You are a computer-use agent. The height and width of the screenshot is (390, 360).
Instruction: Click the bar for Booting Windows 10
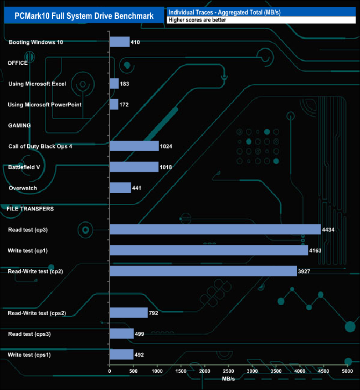coord(120,42)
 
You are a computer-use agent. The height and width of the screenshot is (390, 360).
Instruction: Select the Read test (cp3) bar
coord(215,229)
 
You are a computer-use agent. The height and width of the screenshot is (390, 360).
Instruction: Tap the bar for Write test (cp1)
coord(209,250)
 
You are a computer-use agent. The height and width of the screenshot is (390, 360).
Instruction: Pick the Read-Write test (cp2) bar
coord(203,271)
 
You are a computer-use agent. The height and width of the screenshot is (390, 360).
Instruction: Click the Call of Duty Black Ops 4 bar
coord(135,146)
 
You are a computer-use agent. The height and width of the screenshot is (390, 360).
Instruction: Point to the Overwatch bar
coord(121,188)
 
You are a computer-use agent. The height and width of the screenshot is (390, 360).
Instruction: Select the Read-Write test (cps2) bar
coord(129,313)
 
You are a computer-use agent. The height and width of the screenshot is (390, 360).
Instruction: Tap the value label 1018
coord(167,167)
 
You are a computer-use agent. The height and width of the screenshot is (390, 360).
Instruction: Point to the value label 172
coord(125,105)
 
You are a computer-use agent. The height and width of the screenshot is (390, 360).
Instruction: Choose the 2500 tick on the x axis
coord(229,371)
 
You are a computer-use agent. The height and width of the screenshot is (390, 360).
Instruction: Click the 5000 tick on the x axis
coord(347,371)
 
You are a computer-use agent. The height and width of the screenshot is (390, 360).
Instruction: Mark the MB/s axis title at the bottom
coord(229,379)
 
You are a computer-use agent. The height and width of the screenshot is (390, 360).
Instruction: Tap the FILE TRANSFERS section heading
coord(30,209)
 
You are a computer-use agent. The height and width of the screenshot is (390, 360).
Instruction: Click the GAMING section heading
coord(19,125)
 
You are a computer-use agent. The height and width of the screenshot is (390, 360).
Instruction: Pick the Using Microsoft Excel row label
coord(37,84)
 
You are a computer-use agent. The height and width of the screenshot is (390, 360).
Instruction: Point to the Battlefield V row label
coord(24,167)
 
